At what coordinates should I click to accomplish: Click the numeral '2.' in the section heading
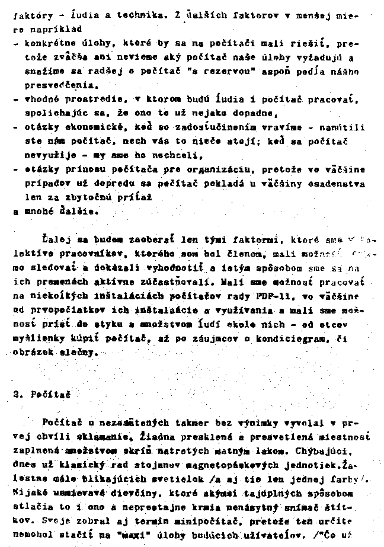click(17, 394)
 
